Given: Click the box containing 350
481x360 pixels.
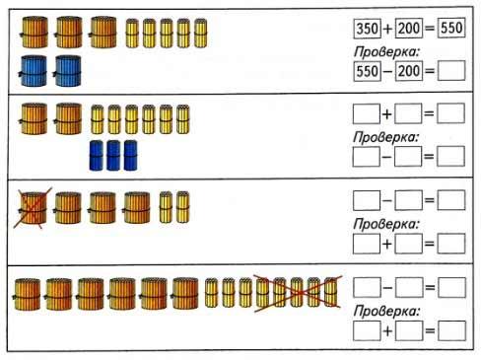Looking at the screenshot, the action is tap(368, 29).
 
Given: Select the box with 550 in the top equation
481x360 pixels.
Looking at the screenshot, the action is tap(451, 28).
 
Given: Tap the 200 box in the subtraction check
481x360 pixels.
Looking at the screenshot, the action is tap(408, 71).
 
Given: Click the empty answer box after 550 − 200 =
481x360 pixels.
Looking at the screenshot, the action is tap(451, 71).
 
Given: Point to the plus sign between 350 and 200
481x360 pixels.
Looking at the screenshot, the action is tap(388, 29).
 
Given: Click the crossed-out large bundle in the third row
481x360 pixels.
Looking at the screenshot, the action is tap(33, 208).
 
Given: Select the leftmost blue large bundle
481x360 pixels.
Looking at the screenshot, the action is tap(33, 71).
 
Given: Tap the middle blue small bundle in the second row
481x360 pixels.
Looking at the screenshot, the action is tap(113, 156).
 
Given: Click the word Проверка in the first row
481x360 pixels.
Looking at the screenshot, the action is tap(387, 52).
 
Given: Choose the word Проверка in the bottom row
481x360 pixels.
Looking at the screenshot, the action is tap(386, 311).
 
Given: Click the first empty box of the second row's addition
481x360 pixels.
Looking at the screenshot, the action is tap(367, 113).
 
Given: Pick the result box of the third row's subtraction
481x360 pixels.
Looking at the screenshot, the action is tap(451, 200).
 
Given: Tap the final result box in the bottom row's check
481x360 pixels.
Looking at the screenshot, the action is tap(452, 330).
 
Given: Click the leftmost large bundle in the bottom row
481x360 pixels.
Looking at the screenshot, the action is tap(27, 294).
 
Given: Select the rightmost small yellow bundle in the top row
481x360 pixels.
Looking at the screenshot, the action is tap(200, 34).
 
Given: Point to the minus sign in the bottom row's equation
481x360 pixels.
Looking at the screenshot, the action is tap(388, 288).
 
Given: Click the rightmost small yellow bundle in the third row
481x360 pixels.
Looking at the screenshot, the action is tap(182, 207).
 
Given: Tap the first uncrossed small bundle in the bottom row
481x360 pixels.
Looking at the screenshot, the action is tap(211, 293).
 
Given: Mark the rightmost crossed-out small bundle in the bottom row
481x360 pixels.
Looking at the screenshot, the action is tap(331, 292).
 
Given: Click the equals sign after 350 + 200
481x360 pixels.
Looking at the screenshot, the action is tap(430, 29).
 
